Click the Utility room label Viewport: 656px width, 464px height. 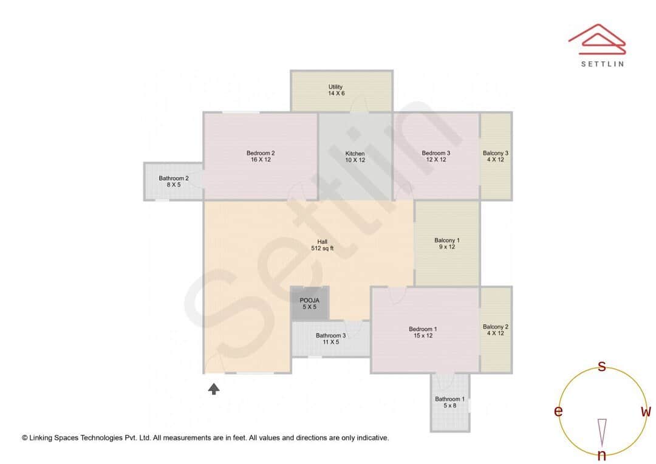[336, 90]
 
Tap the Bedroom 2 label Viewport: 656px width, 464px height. [261, 156]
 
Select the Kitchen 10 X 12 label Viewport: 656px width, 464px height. [355, 157]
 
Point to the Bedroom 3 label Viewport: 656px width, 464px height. [436, 156]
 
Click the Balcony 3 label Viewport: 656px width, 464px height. [496, 156]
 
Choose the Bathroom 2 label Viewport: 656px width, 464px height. [174, 181]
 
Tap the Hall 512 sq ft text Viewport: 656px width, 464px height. [322, 245]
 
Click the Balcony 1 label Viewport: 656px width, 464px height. [446, 244]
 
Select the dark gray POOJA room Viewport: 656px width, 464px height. [310, 303]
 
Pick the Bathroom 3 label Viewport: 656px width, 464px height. [330, 339]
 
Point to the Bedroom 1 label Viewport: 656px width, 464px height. [423, 332]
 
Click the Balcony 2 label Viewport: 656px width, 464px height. [496, 330]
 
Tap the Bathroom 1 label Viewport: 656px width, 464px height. [449, 402]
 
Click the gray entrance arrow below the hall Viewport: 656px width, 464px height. [214, 389]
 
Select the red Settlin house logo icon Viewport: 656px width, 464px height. [596, 37]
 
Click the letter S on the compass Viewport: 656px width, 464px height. [602, 366]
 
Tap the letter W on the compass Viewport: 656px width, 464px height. [646, 412]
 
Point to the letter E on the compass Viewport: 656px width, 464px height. [558, 412]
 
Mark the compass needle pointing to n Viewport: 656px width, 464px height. [602, 432]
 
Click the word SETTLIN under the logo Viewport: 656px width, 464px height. [602, 63]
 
